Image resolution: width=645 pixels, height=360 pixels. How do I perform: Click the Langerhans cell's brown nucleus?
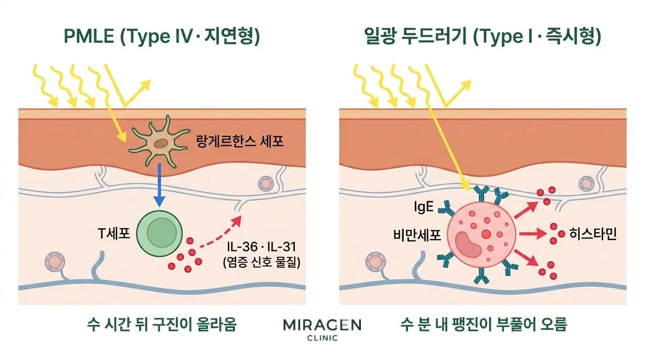(161, 143)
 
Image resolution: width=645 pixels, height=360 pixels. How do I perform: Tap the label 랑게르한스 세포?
(240, 142)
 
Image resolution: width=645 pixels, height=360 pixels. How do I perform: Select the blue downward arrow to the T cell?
(159, 185)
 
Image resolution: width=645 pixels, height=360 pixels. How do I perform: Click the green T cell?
(159, 233)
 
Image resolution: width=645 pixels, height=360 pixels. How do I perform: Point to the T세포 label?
(114, 233)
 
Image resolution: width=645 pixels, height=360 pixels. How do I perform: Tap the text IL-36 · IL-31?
(262, 247)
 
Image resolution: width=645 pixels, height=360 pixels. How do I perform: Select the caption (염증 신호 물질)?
(262, 262)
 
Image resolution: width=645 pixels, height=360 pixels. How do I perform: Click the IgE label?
(424, 207)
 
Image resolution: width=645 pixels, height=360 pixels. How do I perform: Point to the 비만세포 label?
(417, 235)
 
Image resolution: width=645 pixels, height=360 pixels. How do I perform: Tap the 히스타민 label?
(593, 234)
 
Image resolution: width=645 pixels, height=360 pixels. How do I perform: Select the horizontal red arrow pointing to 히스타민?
(532, 233)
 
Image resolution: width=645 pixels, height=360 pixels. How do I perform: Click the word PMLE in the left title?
(89, 36)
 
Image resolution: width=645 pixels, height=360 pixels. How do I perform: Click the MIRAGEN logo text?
(322, 325)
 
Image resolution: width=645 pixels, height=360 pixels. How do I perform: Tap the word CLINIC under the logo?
(322, 338)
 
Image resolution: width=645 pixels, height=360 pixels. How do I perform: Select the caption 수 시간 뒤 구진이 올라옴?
(162, 324)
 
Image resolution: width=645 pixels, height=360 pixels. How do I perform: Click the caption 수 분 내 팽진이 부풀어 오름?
(484, 324)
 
